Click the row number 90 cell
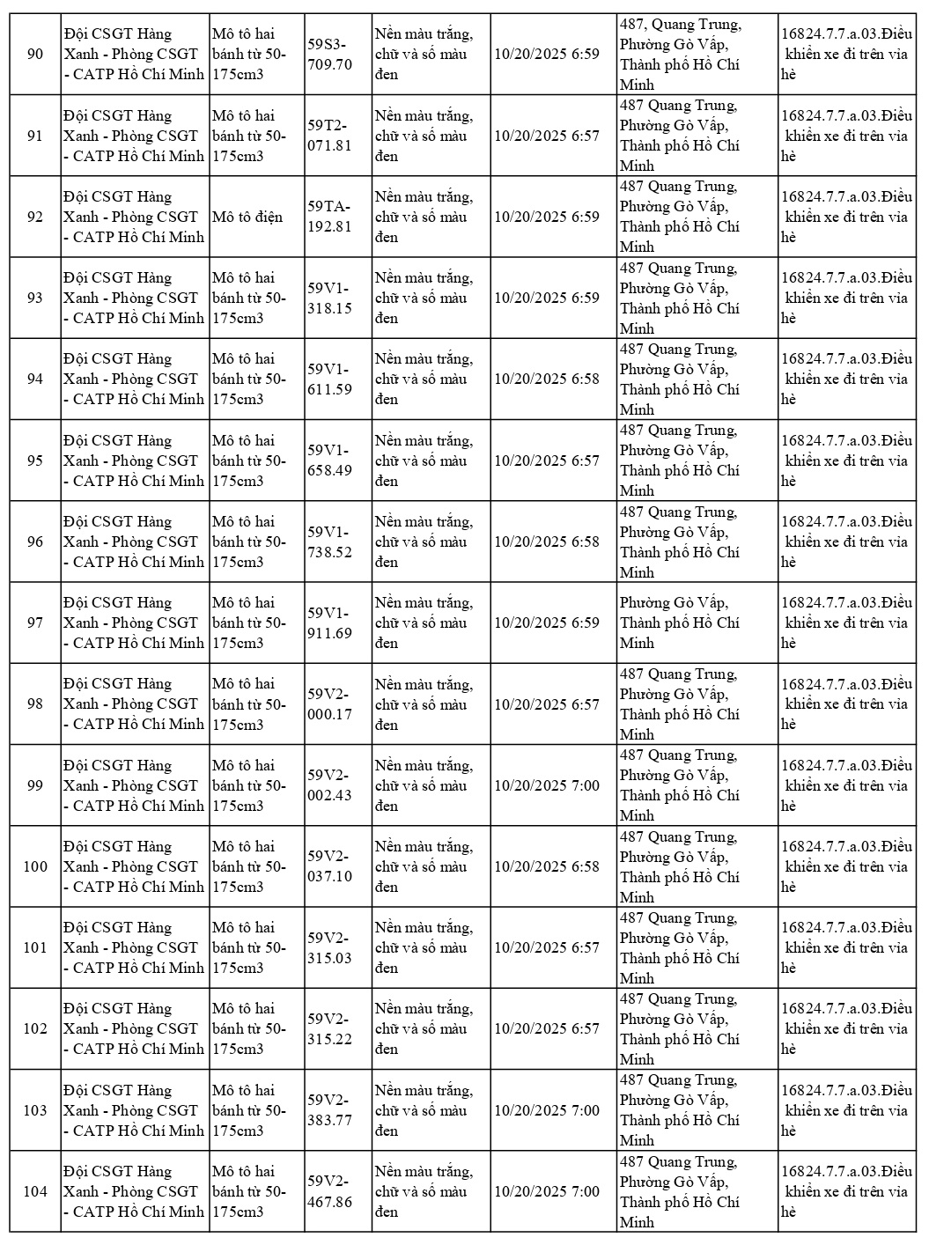tap(35, 55)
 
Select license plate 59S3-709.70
tap(330, 55)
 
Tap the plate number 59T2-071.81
tap(330, 136)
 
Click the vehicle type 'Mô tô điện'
tap(247, 217)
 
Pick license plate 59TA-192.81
tap(330, 217)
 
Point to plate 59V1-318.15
tap(330, 298)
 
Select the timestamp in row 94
tap(546, 379)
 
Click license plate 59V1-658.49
tap(330, 460)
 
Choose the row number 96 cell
tap(35, 541)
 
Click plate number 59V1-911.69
tap(330, 622)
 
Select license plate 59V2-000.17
tap(330, 704)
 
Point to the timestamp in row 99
tap(546, 785)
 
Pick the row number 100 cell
tap(35, 866)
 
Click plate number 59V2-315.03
tap(330, 947)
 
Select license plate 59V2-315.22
tap(330, 1028)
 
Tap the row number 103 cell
tap(35, 1110)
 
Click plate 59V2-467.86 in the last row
tap(330, 1191)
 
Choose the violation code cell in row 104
tap(846, 1191)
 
